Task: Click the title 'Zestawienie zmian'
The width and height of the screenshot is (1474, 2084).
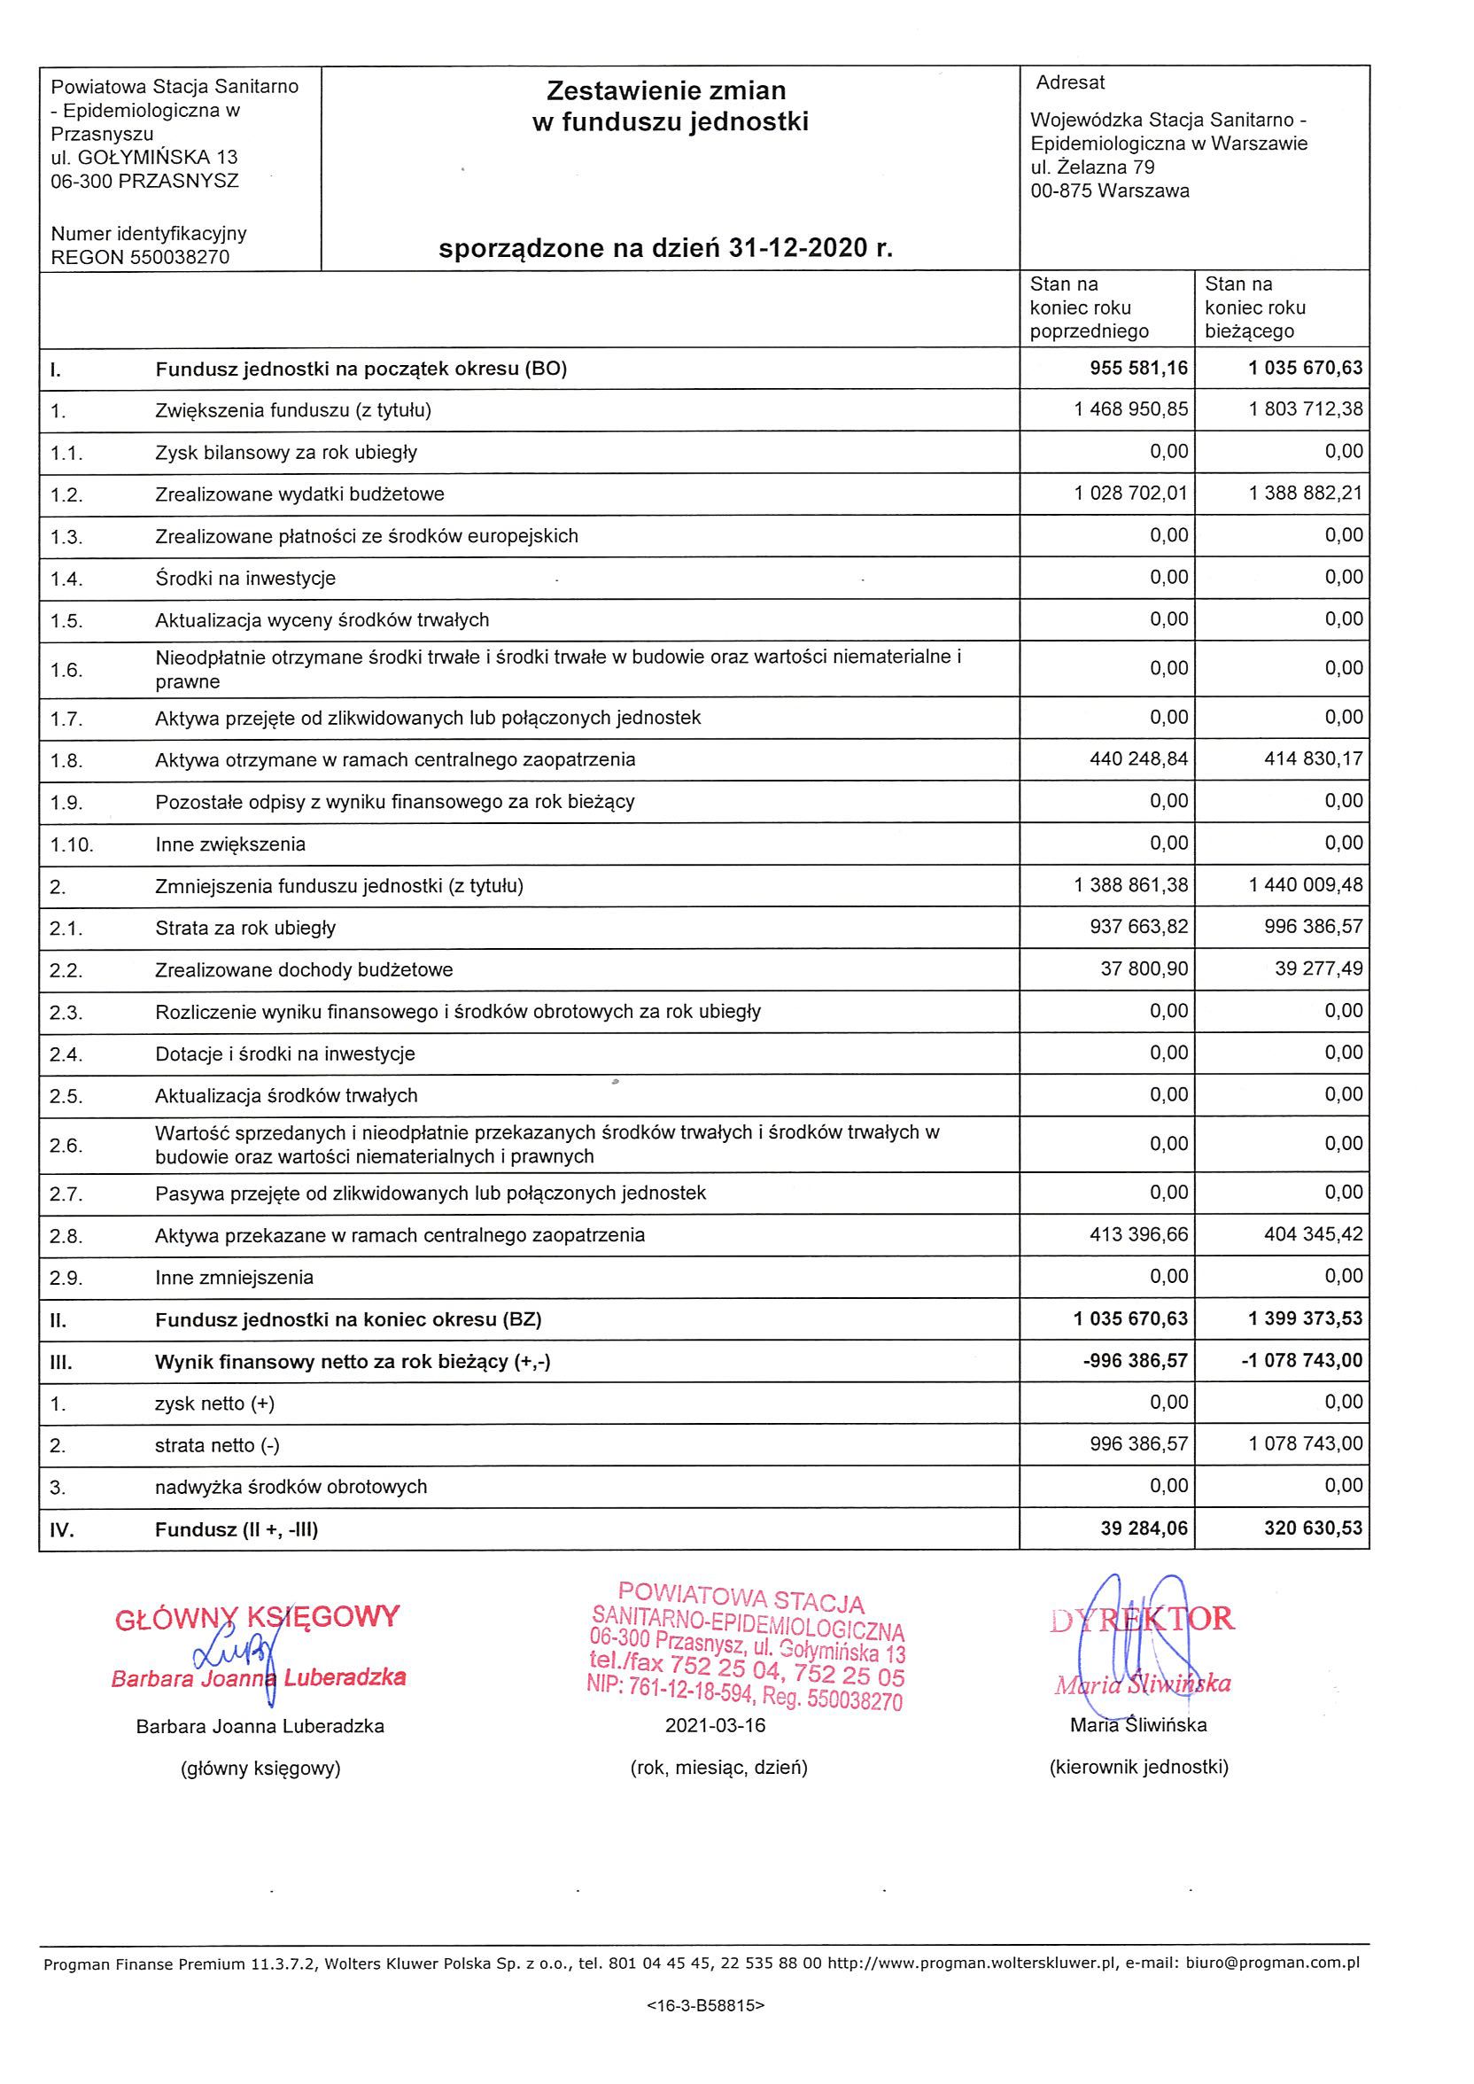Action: point(665,90)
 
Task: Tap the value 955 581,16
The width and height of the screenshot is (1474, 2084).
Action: point(1138,369)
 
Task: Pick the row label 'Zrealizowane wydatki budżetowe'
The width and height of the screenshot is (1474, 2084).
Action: point(299,494)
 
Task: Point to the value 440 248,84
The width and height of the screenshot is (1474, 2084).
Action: point(1138,758)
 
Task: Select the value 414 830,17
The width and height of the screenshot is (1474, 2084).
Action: point(1314,758)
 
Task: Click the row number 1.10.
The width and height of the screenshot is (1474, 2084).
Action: point(72,845)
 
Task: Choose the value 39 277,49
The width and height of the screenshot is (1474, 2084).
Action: point(1318,969)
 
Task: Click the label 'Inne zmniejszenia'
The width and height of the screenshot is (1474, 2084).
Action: point(234,1278)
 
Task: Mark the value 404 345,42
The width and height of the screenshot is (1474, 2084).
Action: point(1314,1234)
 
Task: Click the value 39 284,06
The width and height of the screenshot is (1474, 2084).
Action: point(1144,1528)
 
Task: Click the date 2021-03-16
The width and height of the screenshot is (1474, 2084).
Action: point(715,1725)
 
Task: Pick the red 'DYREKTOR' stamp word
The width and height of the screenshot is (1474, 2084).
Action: point(1142,1618)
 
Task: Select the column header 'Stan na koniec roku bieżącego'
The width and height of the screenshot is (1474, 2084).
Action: point(1254,307)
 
